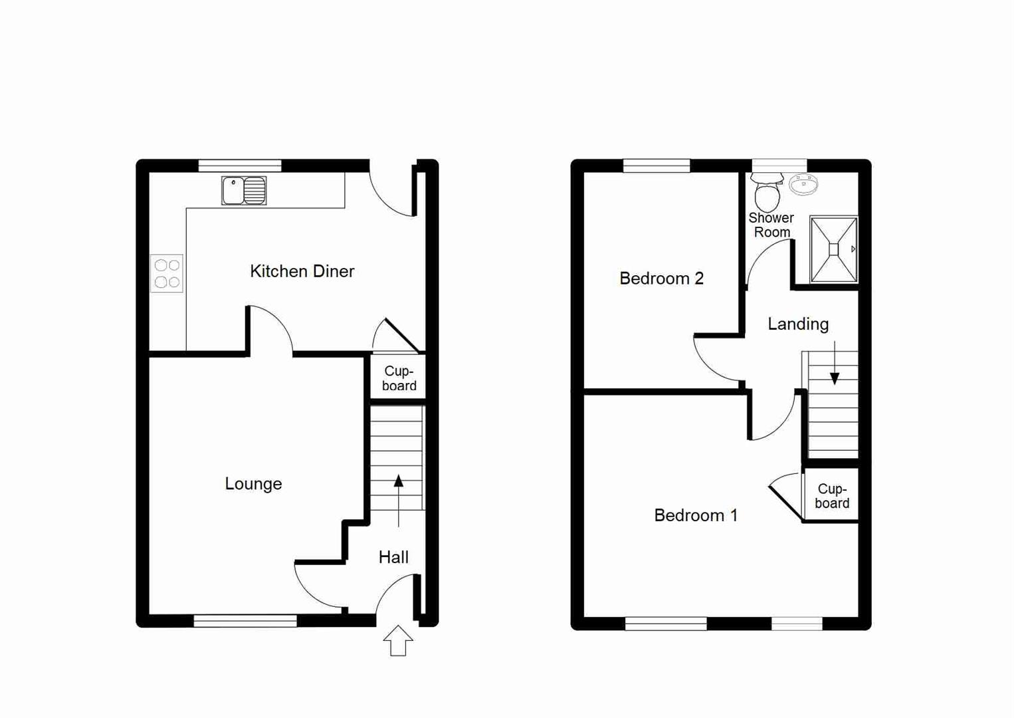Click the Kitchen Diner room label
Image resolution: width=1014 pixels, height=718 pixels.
click(302, 271)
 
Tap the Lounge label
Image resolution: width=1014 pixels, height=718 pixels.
click(253, 484)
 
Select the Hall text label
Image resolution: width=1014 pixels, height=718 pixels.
click(393, 557)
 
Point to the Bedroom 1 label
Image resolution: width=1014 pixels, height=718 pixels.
click(696, 515)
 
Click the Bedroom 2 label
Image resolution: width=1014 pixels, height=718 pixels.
click(661, 279)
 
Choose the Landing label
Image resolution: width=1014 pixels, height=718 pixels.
click(798, 324)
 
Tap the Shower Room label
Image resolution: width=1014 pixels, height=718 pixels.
click(771, 225)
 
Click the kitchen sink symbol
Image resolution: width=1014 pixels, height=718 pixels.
click(244, 190)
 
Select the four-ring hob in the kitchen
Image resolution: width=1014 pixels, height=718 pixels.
click(167, 274)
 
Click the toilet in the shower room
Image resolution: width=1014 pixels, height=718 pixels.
click(767, 192)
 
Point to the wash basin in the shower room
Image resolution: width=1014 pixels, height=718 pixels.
click(803, 184)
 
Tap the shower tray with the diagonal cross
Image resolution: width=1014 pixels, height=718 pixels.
click(834, 249)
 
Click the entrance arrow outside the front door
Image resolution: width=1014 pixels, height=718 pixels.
click(398, 641)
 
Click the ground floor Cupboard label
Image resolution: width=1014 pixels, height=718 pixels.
click(399, 378)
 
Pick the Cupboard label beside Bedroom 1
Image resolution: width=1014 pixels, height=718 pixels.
click(832, 496)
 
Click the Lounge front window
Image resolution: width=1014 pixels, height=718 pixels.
click(245, 621)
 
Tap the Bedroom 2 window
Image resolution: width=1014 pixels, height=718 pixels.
click(657, 166)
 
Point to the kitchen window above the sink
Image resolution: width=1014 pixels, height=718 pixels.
click(240, 166)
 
